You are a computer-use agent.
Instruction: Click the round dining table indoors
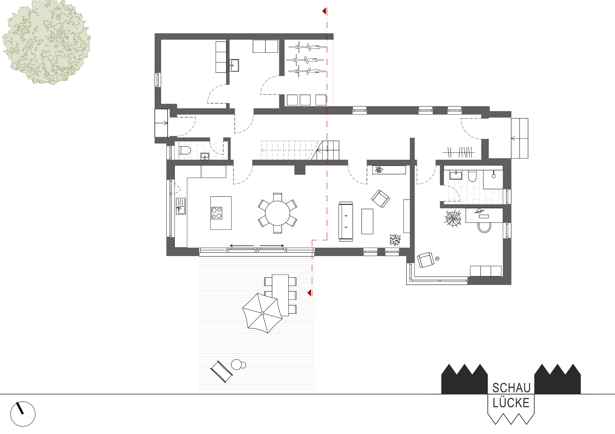tap(277, 213)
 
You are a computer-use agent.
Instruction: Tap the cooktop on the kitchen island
tap(216, 213)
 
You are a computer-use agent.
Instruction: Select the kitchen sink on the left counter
tap(181, 206)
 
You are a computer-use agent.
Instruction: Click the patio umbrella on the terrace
tap(262, 313)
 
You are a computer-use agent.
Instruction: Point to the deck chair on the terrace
tap(221, 372)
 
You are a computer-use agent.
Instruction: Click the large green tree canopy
tap(46, 42)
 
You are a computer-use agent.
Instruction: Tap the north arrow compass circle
tap(23, 414)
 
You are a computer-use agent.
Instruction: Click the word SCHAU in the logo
tap(511, 388)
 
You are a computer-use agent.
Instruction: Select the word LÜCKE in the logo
tap(511, 403)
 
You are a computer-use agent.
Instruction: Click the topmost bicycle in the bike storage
tap(307, 47)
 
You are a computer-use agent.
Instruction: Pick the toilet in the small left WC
tap(185, 150)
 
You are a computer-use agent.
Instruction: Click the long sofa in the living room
tap(346, 222)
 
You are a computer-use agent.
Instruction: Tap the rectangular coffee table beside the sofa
tap(367, 221)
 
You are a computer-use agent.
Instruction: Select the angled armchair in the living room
tap(380, 198)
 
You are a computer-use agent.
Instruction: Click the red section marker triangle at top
tap(325, 11)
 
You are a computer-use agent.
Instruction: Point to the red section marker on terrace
tap(310, 293)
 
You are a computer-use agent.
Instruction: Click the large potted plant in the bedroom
tap(453, 218)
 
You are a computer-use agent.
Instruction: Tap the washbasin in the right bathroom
tap(456, 175)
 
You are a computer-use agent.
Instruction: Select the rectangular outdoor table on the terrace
tap(280, 295)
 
